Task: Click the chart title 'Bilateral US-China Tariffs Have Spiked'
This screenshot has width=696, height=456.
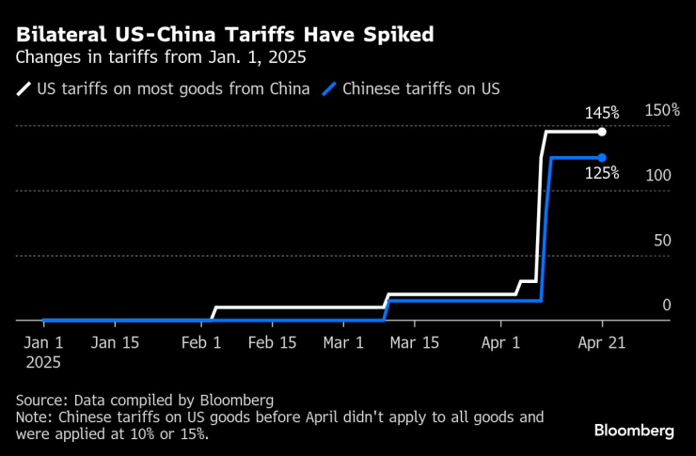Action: [x=223, y=36]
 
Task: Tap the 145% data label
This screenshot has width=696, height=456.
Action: [x=602, y=114]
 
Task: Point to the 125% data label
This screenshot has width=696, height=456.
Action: [x=602, y=173]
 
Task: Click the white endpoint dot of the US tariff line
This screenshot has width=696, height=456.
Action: [x=602, y=132]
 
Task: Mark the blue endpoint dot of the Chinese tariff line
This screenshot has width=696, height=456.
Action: [x=602, y=157]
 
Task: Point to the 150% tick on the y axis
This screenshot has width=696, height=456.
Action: [x=662, y=110]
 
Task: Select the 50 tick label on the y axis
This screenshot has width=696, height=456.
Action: [x=662, y=241]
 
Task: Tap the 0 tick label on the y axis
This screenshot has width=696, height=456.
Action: [x=666, y=306]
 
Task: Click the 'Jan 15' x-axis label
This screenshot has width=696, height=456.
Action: [x=117, y=343]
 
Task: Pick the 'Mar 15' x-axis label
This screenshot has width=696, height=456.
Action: [x=415, y=343]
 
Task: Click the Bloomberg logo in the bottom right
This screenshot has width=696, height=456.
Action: [x=634, y=430]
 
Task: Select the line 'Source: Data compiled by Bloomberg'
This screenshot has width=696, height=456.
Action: [x=145, y=398]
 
